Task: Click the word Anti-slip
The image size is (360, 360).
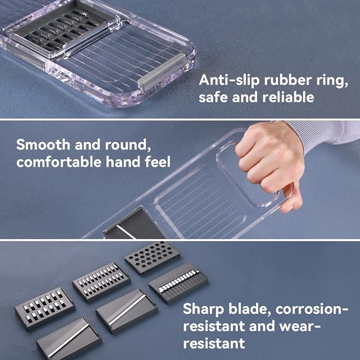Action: coord(230,80)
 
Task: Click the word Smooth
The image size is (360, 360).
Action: coord(43,145)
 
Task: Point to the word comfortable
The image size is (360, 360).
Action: coord(59,162)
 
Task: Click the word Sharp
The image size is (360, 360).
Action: coord(204,309)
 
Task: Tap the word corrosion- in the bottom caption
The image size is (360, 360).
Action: coord(312,309)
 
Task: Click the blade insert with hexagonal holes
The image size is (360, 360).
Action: coord(152,258)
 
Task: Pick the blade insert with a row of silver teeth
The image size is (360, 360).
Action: coord(178,283)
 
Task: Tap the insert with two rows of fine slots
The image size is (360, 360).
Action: coord(101,282)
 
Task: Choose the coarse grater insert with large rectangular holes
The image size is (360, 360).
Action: coord(45,308)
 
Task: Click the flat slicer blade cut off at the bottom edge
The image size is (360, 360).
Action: coord(69,339)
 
